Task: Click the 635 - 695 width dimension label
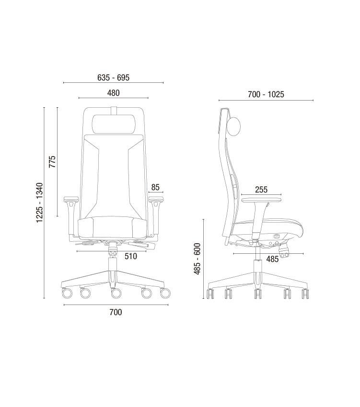[x=113, y=78]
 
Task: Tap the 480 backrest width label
[x=113, y=93]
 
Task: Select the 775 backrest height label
[x=52, y=161]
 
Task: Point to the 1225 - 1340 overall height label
[x=39, y=203]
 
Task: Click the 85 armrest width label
[x=155, y=187]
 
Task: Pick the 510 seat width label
[x=131, y=256]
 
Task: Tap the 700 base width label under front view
[x=116, y=312]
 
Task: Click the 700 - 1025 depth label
[x=266, y=94]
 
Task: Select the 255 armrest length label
[x=261, y=190]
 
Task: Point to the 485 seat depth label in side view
[x=272, y=259]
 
